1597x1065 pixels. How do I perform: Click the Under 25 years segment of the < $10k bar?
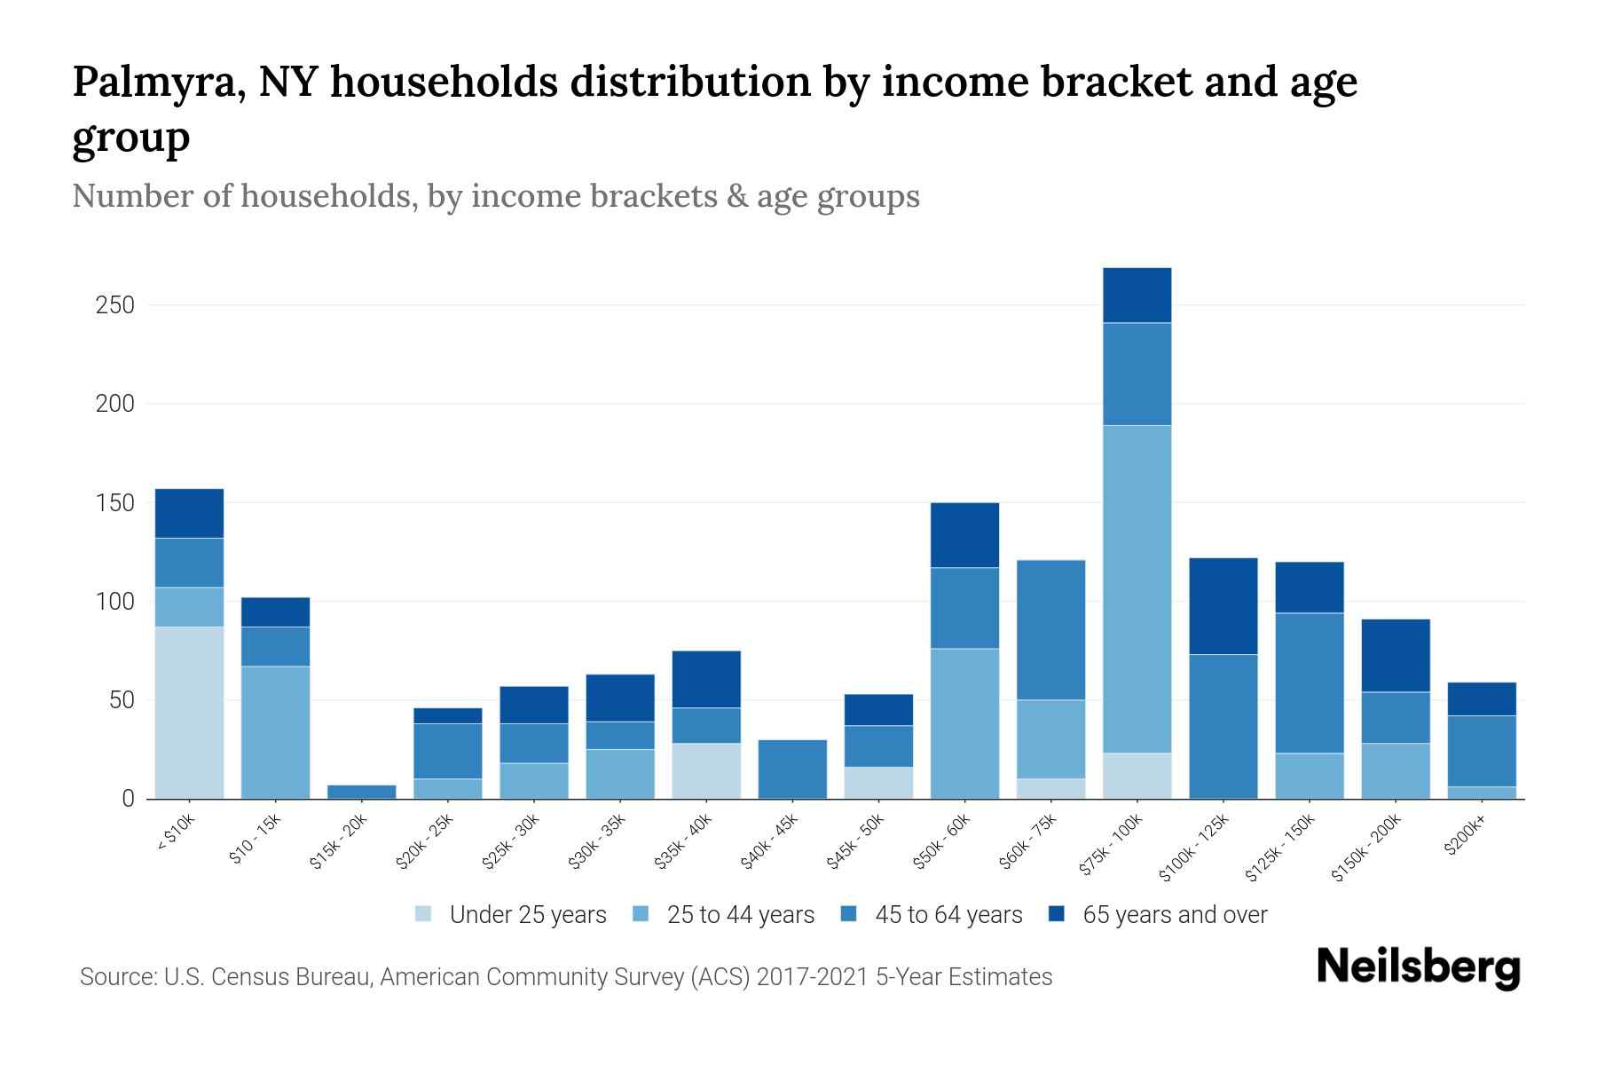coord(189,713)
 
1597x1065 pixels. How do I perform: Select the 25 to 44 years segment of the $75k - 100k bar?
coord(1137,589)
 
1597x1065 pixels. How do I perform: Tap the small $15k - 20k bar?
coord(362,792)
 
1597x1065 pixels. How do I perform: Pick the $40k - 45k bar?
coord(792,769)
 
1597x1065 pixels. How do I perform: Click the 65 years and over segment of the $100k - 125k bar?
coord(1223,606)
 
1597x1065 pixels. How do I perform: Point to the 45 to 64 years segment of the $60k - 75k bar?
coord(1050,630)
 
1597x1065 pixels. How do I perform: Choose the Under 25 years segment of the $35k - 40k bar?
coord(706,770)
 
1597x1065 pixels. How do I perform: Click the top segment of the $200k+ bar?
coord(1482,698)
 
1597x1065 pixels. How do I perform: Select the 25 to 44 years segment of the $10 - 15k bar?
coord(275,732)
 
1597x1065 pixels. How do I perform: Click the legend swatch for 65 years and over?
coord(1057,914)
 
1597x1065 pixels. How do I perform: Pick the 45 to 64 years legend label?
coord(948,915)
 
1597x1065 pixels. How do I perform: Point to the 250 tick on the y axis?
coord(114,305)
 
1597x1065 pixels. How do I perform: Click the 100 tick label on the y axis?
coord(114,602)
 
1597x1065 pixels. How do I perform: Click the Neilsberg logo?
coord(1418,967)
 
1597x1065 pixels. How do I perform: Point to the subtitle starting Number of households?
coord(495,196)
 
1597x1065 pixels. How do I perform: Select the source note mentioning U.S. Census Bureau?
coord(565,977)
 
